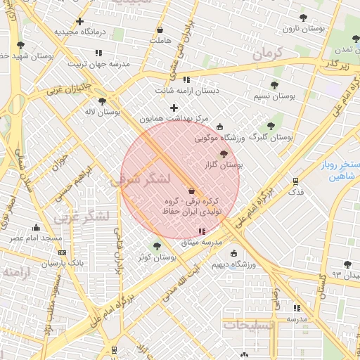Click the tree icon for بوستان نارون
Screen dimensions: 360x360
click(x=303, y=18)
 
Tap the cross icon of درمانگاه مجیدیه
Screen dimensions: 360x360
click(x=79, y=22)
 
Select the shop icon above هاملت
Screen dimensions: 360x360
click(x=160, y=30)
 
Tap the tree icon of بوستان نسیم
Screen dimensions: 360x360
click(x=274, y=85)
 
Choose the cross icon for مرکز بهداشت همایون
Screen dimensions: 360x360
click(x=174, y=108)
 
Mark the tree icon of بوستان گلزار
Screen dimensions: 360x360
click(x=224, y=154)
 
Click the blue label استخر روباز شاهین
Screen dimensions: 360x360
click(x=334, y=170)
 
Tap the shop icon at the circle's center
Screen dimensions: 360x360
click(x=191, y=190)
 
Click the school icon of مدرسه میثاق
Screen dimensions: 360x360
click(x=202, y=231)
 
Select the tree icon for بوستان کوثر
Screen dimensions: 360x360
click(x=156, y=246)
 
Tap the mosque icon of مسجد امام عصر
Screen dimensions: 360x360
click(x=36, y=227)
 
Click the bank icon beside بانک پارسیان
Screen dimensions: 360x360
click(x=63, y=252)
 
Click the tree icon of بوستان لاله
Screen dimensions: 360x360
click(x=102, y=101)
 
